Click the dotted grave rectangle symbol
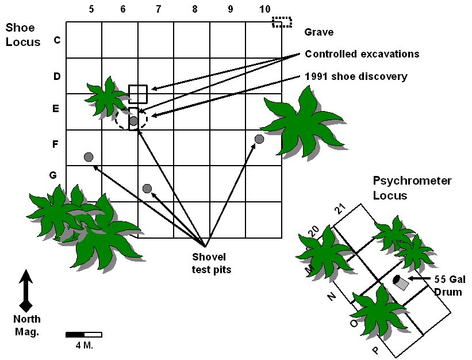point(282,22)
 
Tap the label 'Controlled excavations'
point(362,54)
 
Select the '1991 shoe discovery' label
point(357,76)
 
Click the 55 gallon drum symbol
point(401,282)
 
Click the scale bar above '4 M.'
point(84,334)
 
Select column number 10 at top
point(264,9)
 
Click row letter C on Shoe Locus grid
point(56,40)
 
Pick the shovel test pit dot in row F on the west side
point(88,157)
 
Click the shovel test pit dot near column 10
point(259,139)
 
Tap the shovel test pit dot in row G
point(147,189)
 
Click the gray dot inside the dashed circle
point(133,121)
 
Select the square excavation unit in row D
point(137,94)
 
